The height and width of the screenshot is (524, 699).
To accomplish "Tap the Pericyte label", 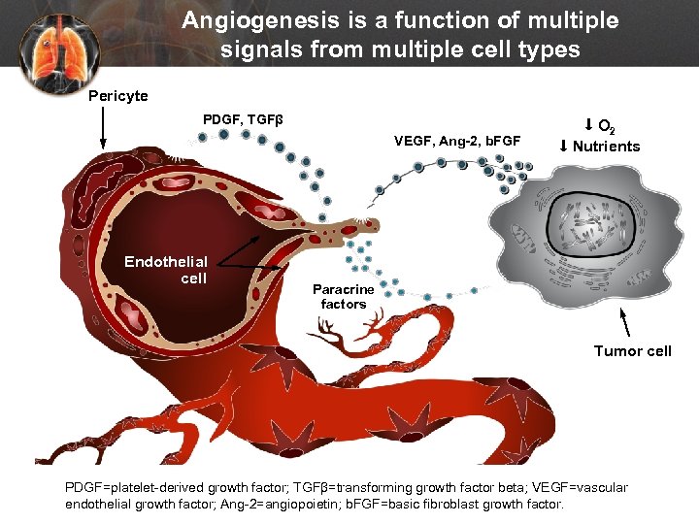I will click(x=118, y=96).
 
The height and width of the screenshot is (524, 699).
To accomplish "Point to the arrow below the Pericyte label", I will click(x=103, y=127).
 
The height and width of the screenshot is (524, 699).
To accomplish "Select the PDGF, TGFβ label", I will click(x=243, y=119).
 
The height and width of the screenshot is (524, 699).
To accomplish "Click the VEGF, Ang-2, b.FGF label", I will click(x=457, y=142).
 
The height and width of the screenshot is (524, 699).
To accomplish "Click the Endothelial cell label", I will click(x=166, y=270).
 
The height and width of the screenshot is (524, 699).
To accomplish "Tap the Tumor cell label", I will click(x=632, y=350).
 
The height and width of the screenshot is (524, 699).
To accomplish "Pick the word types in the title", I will click(x=548, y=48).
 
